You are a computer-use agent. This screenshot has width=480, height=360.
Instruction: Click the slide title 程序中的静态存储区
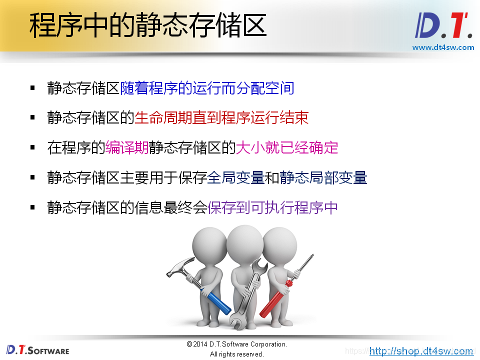[x=147, y=26]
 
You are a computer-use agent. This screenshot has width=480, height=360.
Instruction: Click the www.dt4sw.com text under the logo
[x=442, y=47]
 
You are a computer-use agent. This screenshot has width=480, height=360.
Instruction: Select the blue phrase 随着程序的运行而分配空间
[x=207, y=88]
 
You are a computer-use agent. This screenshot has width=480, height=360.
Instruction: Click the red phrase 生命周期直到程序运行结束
[x=221, y=118]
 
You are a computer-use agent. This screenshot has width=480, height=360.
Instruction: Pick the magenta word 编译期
[x=127, y=147]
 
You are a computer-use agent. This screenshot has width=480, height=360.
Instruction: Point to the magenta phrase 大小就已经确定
[x=287, y=147]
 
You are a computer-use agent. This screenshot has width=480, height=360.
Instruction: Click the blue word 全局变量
[x=236, y=177]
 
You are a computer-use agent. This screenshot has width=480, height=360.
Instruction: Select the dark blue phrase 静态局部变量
[x=323, y=177]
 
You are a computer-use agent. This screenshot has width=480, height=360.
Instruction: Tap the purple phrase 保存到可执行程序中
[x=272, y=207]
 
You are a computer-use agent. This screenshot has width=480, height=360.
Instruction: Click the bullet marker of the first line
[x=32, y=88]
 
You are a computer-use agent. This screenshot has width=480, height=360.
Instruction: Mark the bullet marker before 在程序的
[x=32, y=147]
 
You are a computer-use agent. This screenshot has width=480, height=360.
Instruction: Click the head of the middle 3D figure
[x=244, y=240]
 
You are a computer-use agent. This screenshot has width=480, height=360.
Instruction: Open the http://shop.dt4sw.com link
[x=421, y=351]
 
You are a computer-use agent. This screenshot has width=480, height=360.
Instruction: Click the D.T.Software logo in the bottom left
[x=37, y=350]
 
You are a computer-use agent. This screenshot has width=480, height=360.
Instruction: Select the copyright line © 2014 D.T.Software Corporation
[x=236, y=344]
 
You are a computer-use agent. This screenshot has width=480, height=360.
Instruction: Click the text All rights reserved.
[x=236, y=354]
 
